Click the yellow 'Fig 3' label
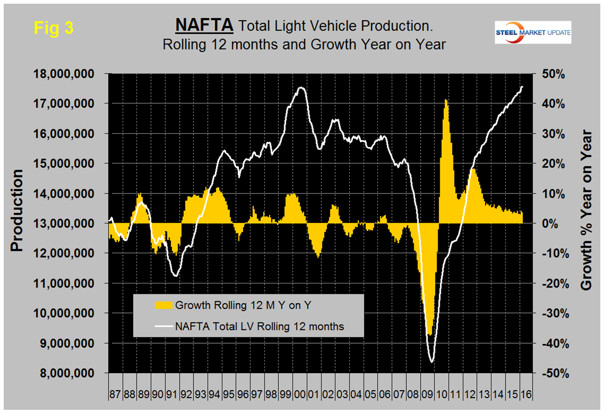(53, 28)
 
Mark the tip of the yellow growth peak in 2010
(446, 100)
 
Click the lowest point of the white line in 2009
(431, 362)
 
